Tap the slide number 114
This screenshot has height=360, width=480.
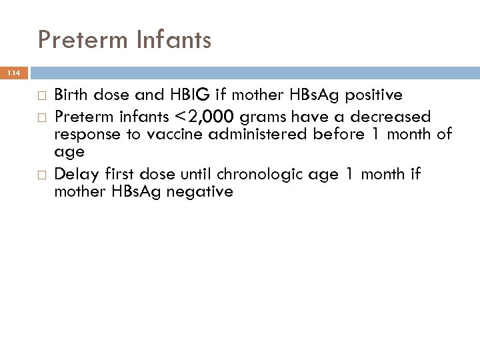pos(14,73)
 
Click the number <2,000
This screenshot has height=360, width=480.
pos(205,117)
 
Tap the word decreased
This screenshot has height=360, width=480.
pos(391,117)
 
